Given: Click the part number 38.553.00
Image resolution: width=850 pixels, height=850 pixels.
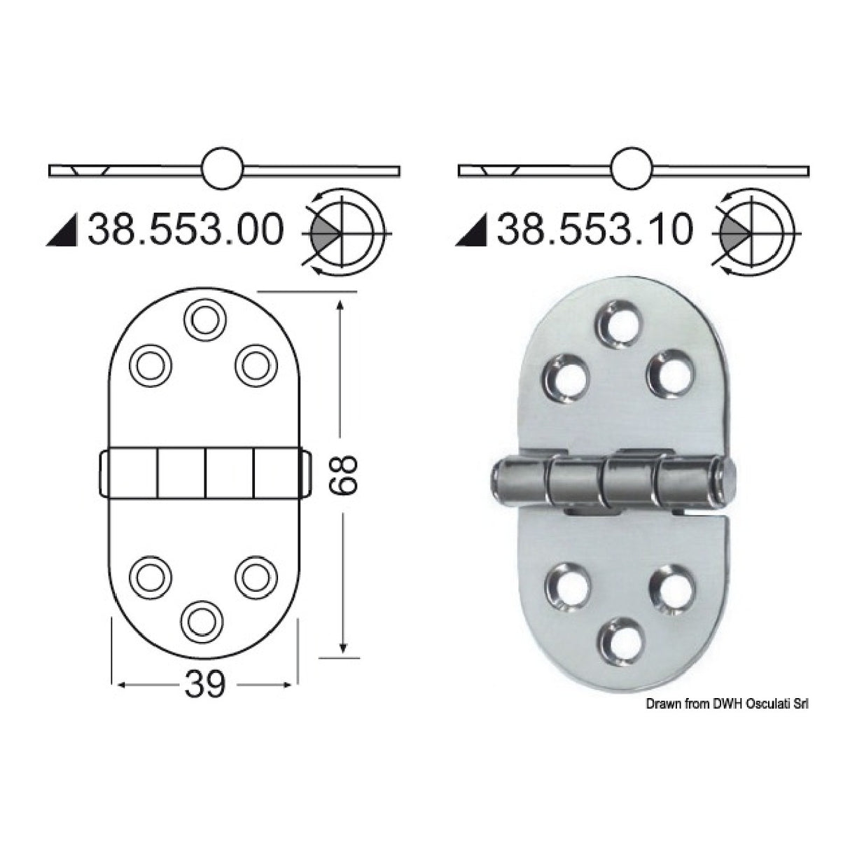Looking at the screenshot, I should pos(185,230).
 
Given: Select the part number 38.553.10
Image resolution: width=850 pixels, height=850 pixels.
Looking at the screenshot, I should pos(594,230).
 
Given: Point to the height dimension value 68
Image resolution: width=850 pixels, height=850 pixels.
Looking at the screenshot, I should pos(342,475).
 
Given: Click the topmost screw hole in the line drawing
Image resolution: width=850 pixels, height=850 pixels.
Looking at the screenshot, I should pos(204,320).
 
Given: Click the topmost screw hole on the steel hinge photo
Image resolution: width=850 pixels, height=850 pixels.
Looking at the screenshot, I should pos(615,325).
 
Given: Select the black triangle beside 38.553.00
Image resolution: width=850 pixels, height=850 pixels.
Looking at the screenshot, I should pos(64,231).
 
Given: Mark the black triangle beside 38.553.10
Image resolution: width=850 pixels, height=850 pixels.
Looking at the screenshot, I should pos(474,231).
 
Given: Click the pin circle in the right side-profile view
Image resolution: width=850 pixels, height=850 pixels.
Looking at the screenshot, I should pos(632,169).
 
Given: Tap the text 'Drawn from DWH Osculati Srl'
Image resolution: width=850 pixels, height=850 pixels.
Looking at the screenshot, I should pos(727,706).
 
